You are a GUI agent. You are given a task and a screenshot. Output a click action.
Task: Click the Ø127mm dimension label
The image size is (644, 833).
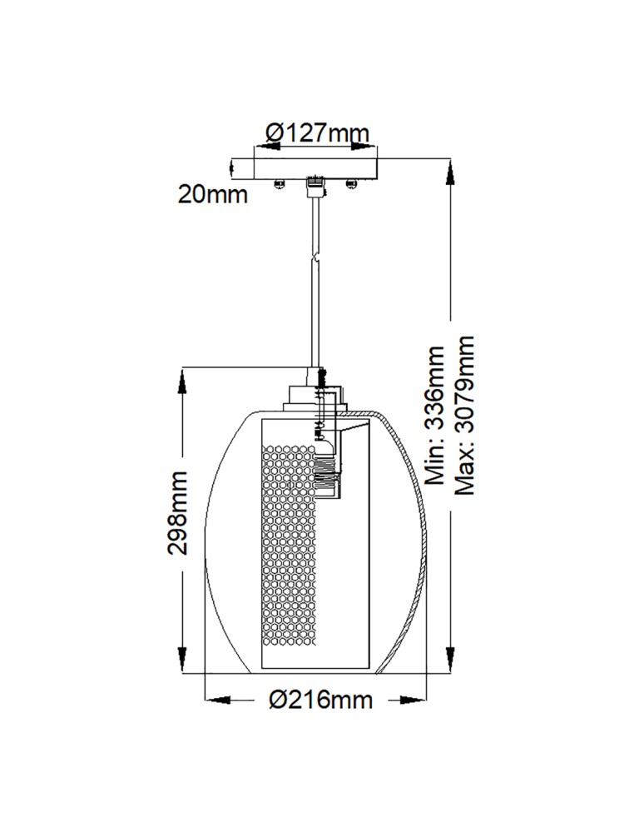point(316,132)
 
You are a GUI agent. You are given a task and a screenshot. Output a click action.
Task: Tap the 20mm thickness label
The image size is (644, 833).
point(213,195)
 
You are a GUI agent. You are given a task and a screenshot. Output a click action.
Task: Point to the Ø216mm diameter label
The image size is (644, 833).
point(320,700)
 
